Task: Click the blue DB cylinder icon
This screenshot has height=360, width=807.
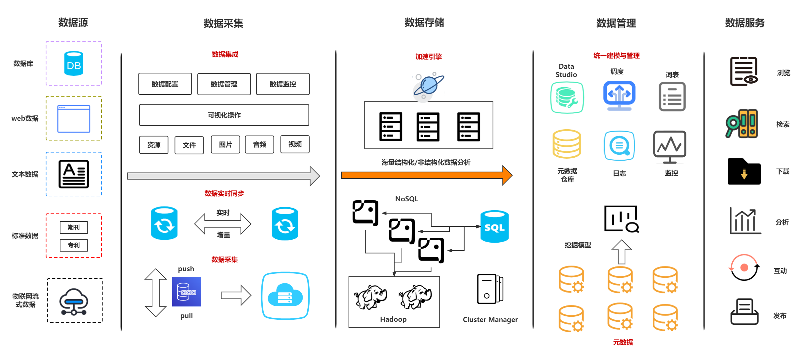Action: (x=73, y=63)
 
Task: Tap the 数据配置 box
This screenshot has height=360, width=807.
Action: (x=165, y=84)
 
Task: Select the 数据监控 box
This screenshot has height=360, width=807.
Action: (x=283, y=84)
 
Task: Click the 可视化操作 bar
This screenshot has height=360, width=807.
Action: (x=224, y=115)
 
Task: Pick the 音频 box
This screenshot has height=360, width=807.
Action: (x=259, y=144)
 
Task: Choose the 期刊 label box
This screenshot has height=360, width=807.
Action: (x=74, y=227)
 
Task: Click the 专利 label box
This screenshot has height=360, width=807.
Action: (x=74, y=245)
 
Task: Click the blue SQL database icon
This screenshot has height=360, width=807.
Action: (x=494, y=226)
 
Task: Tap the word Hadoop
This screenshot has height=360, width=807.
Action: (x=393, y=319)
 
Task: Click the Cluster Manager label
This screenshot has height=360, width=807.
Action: (x=490, y=320)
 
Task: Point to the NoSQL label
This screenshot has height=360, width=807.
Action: (x=406, y=199)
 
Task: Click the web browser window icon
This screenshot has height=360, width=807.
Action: (x=74, y=119)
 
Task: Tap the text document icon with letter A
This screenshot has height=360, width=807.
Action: (x=74, y=174)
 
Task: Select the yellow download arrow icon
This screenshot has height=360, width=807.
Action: (x=744, y=174)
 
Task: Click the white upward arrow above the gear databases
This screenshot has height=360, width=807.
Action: (x=621, y=252)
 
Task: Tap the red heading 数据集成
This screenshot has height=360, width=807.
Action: (x=225, y=54)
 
